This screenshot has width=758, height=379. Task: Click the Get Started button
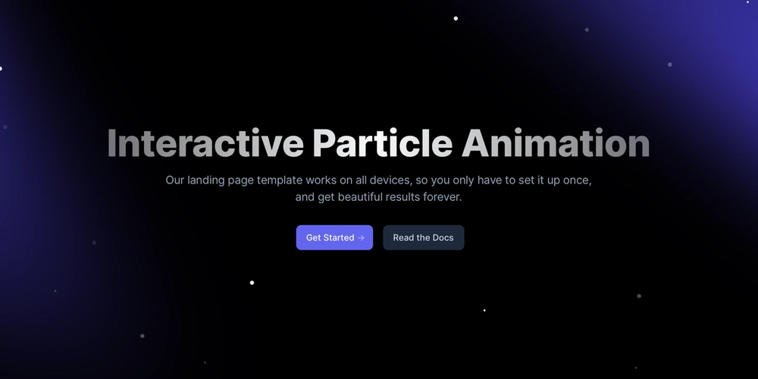334,237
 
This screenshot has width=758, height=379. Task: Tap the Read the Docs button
424,237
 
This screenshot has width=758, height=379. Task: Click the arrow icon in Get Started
361,238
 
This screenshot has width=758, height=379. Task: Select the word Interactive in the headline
205,143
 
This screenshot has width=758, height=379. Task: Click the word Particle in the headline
382,143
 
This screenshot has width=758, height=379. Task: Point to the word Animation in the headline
556,143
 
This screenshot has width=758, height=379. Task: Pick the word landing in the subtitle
205,180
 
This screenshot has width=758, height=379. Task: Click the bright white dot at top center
456,18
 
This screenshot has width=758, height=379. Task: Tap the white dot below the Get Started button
252,283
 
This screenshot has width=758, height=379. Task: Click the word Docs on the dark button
443,237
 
